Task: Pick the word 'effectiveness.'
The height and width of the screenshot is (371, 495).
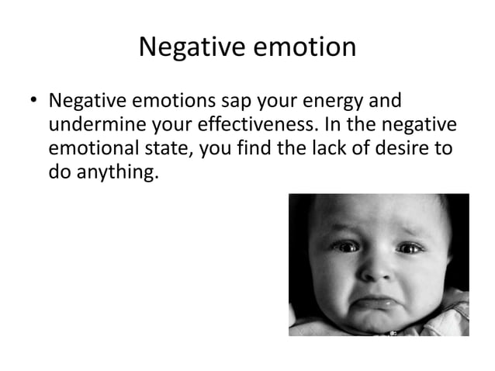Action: click(x=252, y=125)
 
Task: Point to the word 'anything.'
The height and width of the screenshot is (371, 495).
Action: click(x=117, y=171)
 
